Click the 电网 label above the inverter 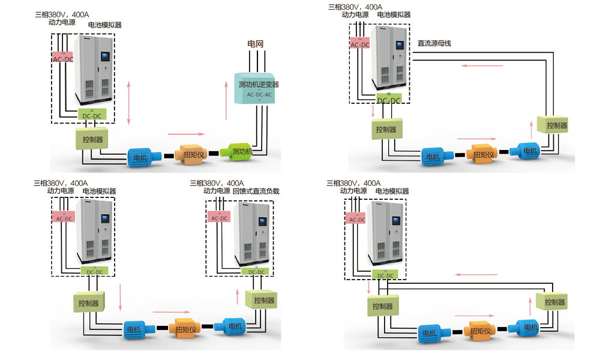click(x=256, y=44)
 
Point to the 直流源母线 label click(x=434, y=43)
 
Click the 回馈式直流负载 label click(x=256, y=191)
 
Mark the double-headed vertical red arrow click(x=129, y=103)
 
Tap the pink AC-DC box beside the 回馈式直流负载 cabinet click(x=219, y=218)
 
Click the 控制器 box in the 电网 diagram click(x=92, y=139)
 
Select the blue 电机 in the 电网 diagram click(x=142, y=157)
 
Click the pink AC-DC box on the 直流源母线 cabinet click(x=360, y=44)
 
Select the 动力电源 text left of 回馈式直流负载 click(x=217, y=191)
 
